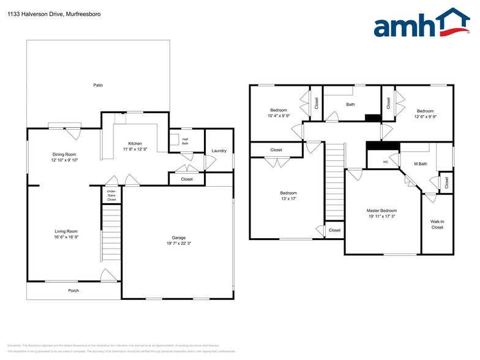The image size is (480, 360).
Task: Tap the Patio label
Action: pyautogui.click(x=97, y=85)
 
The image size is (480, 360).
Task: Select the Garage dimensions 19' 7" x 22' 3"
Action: pyautogui.click(x=179, y=244)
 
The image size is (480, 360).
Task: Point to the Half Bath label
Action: pyautogui.click(x=185, y=141)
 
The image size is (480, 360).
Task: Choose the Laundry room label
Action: pyautogui.click(x=219, y=151)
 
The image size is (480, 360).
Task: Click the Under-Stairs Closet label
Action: pyautogui.click(x=111, y=196)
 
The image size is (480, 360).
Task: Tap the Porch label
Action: pyautogui.click(x=73, y=290)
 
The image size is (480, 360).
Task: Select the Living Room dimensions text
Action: pyautogui.click(x=66, y=237)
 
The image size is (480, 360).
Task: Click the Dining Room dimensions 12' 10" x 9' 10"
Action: pyautogui.click(x=66, y=160)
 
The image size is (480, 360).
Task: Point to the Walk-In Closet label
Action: pyautogui.click(x=437, y=225)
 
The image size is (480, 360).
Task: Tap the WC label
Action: pyautogui.click(x=386, y=162)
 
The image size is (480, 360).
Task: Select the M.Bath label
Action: pyautogui.click(x=420, y=164)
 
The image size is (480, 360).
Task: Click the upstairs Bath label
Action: pyautogui.click(x=350, y=104)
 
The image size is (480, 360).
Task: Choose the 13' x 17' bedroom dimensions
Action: pyautogui.click(x=288, y=198)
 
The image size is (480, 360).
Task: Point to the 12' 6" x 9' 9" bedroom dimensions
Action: pyautogui.click(x=424, y=116)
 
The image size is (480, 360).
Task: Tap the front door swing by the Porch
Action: pyautogui.click(x=108, y=276)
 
